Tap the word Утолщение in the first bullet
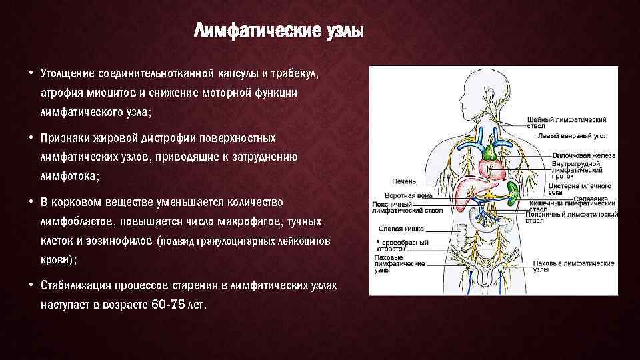point(67,71)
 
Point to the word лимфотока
point(69,177)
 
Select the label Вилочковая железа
point(583,155)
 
